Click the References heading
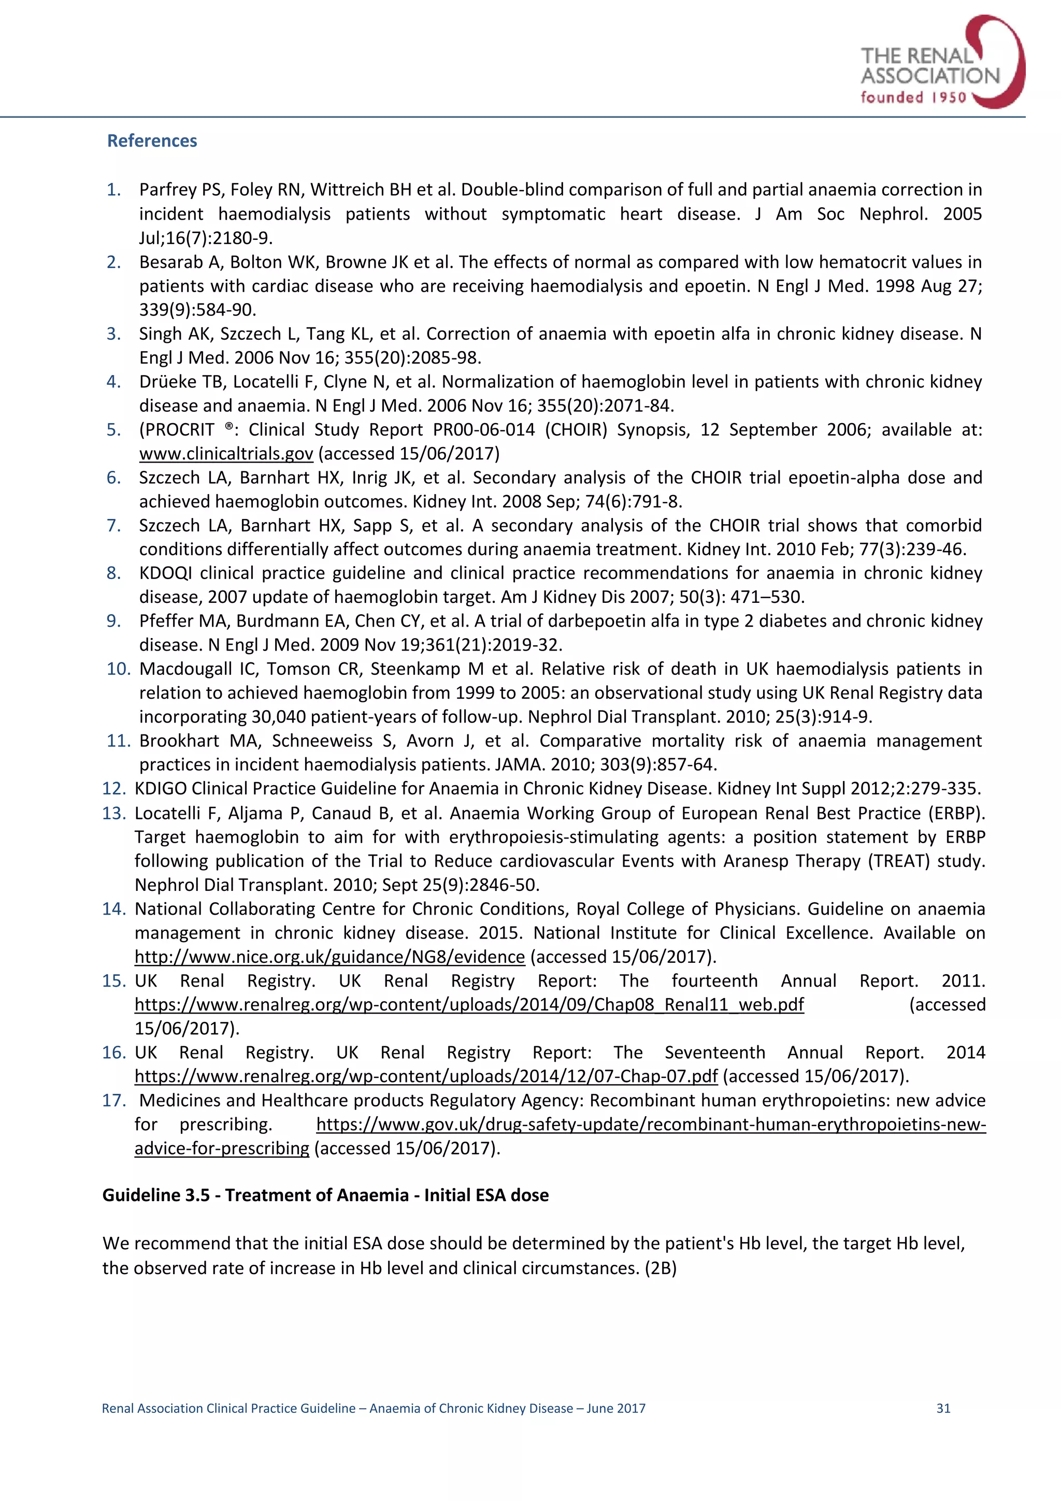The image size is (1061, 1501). pyautogui.click(x=152, y=140)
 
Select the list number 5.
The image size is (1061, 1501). pyautogui.click(x=114, y=429)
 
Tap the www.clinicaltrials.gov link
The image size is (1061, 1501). pyautogui.click(x=226, y=454)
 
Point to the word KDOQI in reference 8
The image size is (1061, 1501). pyautogui.click(x=165, y=573)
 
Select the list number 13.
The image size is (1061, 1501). pyautogui.click(x=114, y=813)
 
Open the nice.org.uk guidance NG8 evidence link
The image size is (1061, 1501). pyautogui.click(x=329, y=957)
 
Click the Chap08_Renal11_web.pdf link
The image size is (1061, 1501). pyautogui.click(x=469, y=1004)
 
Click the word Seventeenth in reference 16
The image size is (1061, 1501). pyautogui.click(x=714, y=1052)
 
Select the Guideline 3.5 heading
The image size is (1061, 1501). pyautogui.click(x=325, y=1195)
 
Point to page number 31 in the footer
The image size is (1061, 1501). pyautogui.click(x=943, y=1408)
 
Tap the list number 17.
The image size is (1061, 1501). pyautogui.click(x=114, y=1100)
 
